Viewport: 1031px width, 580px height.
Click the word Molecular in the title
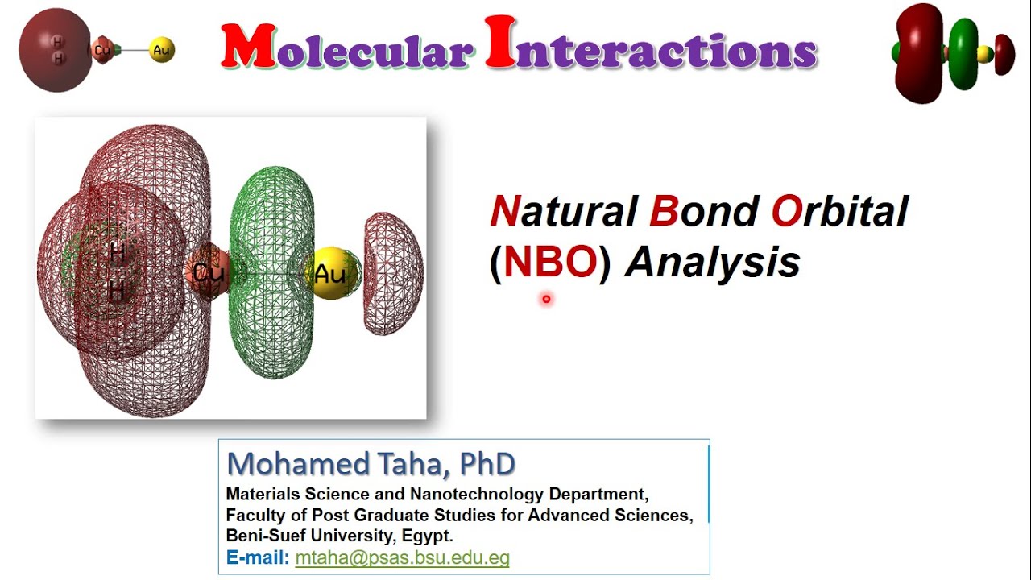click(346, 48)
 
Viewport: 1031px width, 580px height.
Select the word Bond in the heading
click(703, 212)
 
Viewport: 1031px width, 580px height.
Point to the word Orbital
click(839, 212)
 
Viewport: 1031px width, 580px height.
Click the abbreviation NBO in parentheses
click(551, 263)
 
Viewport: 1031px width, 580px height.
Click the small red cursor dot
click(546, 300)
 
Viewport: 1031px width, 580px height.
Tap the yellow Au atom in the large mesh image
click(330, 274)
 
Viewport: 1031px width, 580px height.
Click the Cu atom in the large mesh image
click(208, 272)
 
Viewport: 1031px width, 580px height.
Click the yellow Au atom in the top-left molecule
click(162, 50)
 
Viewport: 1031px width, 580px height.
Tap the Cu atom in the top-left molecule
click(102, 50)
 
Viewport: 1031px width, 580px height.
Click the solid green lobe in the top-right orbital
click(962, 52)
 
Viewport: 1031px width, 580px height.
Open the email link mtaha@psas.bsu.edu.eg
click(402, 557)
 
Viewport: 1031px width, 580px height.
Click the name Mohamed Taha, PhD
click(371, 465)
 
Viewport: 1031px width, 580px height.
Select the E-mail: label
click(258, 557)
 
